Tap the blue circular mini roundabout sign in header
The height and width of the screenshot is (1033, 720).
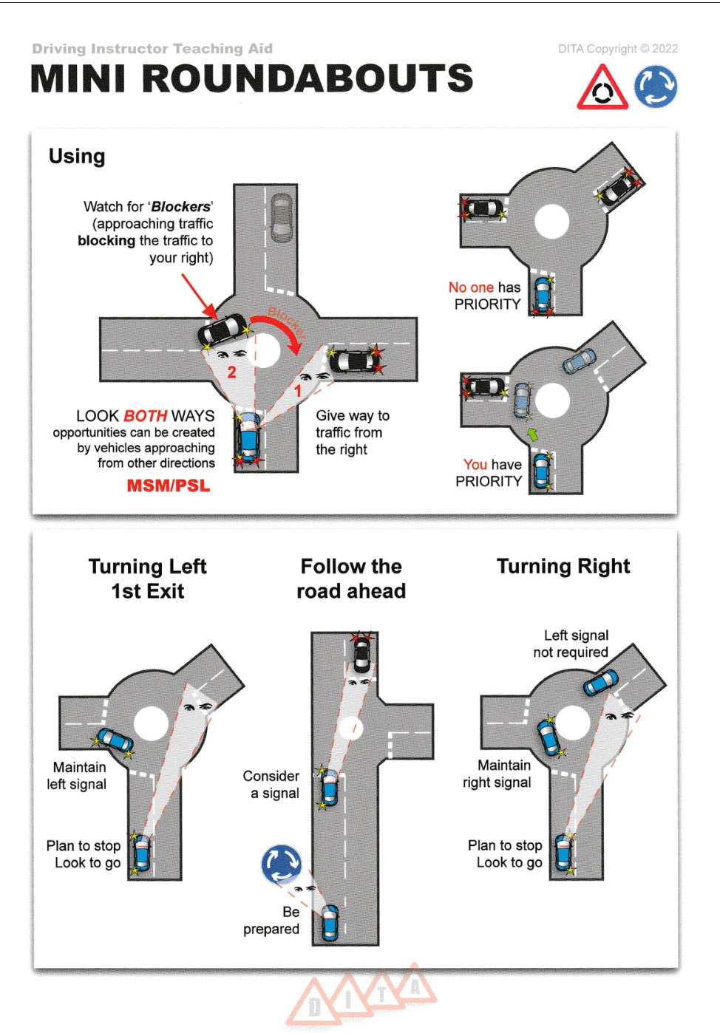[656, 87]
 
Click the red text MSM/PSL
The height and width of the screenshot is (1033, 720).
[169, 486]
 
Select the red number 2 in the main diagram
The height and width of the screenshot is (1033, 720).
[231, 372]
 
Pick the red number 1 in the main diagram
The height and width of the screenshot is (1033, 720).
[298, 391]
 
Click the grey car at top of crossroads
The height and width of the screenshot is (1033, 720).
[282, 218]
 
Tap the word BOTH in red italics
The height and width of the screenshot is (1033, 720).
[145, 416]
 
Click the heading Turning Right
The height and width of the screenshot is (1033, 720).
[563, 567]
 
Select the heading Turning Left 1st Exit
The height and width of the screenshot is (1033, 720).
[147, 579]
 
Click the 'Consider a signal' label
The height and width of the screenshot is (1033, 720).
[271, 785]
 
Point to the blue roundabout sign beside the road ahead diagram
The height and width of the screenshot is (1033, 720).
[282, 865]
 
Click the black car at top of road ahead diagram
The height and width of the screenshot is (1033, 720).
[361, 653]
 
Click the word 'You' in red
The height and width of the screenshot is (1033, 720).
[475, 465]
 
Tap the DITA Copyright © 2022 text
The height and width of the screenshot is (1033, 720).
[617, 49]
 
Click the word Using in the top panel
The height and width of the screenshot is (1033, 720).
[77, 157]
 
